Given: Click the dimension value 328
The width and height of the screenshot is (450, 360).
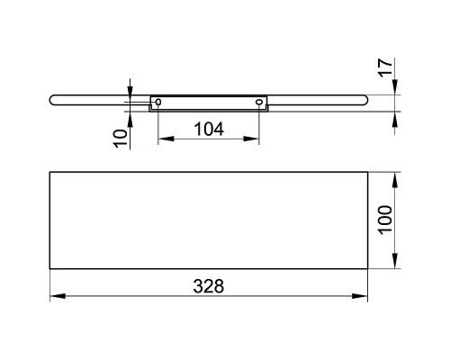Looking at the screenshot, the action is pyautogui.click(x=209, y=286).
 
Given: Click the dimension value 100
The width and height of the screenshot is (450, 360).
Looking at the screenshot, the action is pyautogui.click(x=385, y=219).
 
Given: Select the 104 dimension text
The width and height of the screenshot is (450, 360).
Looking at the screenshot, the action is pyautogui.click(x=209, y=130).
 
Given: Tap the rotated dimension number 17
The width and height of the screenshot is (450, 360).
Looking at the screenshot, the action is pyautogui.click(x=385, y=67).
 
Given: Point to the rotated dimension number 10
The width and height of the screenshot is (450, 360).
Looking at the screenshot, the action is pyautogui.click(x=121, y=139).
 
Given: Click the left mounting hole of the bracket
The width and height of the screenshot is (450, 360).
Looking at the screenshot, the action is pyautogui.click(x=158, y=103).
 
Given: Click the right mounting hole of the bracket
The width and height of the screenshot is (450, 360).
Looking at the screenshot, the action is pyautogui.click(x=259, y=103).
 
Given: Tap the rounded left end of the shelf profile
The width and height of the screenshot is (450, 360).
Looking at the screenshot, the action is pyautogui.click(x=51, y=100).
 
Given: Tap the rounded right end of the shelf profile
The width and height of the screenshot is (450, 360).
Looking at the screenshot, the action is pyautogui.click(x=365, y=100).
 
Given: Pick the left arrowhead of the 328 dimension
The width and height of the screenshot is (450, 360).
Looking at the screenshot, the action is pyautogui.click(x=58, y=296).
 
